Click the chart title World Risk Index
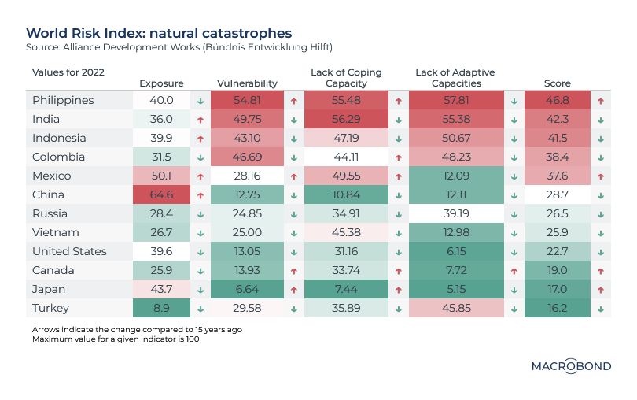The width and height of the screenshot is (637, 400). point(159,33)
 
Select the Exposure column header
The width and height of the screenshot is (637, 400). point(161,83)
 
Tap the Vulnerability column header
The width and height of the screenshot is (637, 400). point(246,83)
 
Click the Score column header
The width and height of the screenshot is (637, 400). point(557,83)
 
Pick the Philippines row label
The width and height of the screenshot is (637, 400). point(63,100)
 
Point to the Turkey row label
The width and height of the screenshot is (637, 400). point(50,308)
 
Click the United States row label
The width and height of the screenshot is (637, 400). point(69,251)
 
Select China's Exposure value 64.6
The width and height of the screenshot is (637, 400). point(161,194)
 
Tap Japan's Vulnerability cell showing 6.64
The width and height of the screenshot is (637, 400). point(247,289)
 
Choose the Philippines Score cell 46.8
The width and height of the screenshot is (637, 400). point(557,100)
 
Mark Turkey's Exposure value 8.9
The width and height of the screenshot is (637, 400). point(161,308)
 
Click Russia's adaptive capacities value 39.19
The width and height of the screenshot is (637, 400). point(456,213)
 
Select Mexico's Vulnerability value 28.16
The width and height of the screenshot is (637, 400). point(247,176)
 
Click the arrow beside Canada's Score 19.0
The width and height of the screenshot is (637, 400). point(600,271)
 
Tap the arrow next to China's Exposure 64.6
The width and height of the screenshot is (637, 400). point(201,195)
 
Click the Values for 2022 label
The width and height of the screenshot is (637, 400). point(68,72)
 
